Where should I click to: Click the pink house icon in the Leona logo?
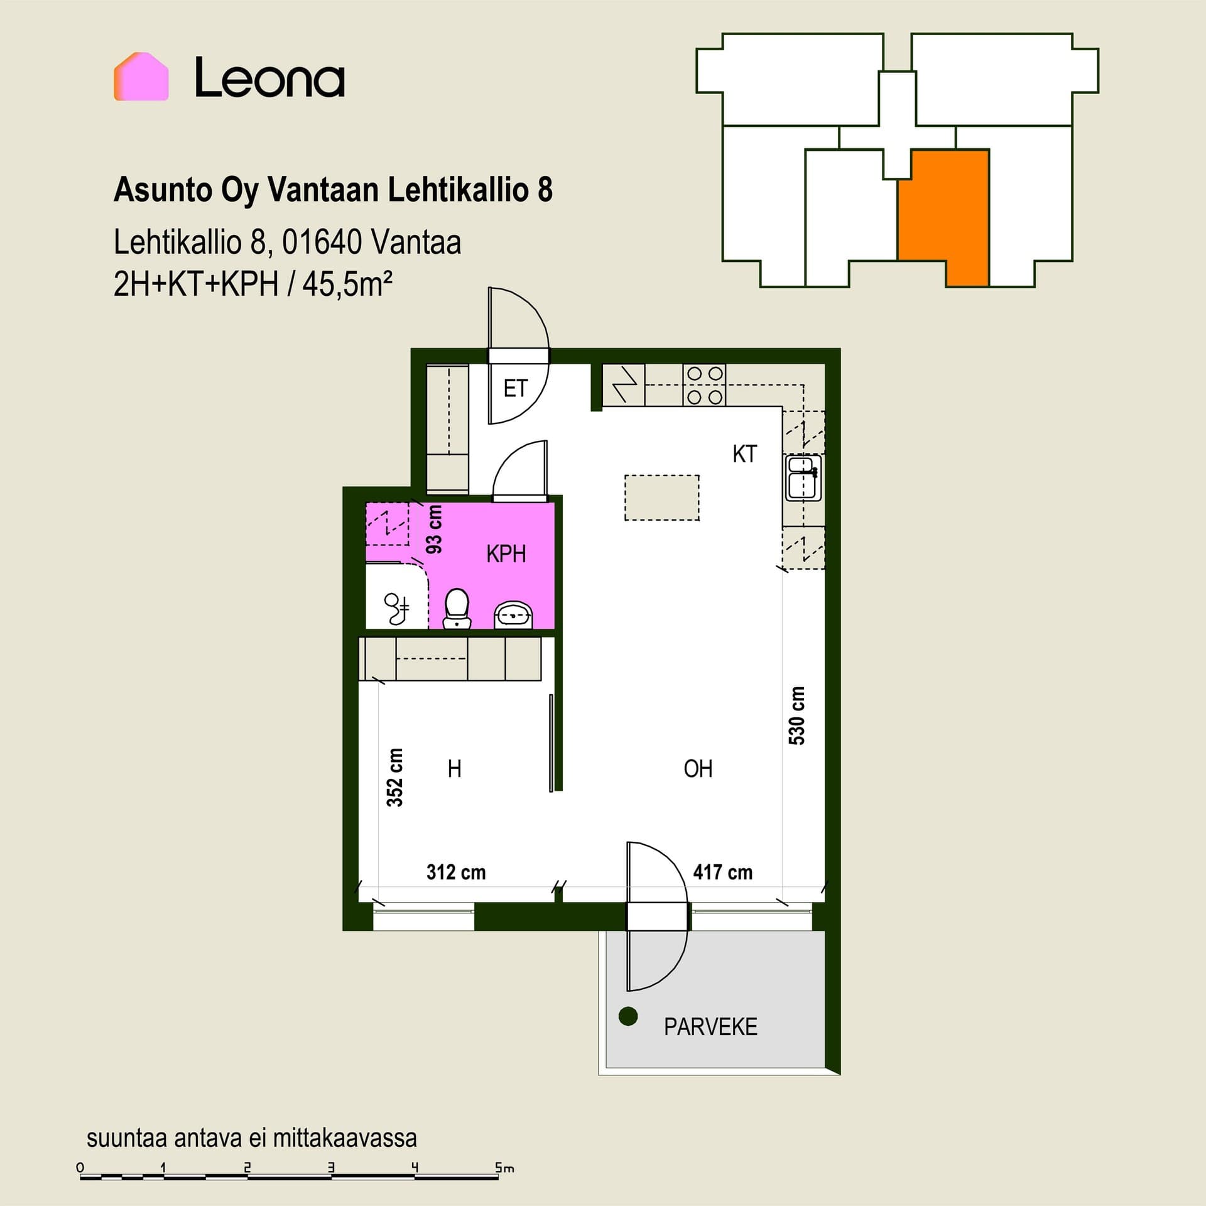tap(141, 77)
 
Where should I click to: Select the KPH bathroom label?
tap(506, 554)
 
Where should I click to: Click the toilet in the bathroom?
tap(457, 608)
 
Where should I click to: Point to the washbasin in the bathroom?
tap(514, 616)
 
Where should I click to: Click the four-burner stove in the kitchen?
tap(704, 385)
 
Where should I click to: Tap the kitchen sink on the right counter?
tap(803, 477)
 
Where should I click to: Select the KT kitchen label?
tap(745, 454)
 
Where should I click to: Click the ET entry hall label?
tap(516, 389)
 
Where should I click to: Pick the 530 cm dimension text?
tap(796, 715)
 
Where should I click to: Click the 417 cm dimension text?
tap(722, 872)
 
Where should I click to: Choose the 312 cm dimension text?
tap(456, 872)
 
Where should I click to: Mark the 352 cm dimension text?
tap(394, 777)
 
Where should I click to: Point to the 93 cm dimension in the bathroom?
tap(434, 530)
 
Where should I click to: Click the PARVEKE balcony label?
tap(710, 1026)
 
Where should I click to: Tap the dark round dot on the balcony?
tap(628, 1016)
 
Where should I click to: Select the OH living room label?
tap(698, 769)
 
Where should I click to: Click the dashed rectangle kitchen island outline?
tap(662, 497)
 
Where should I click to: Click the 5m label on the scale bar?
tap(504, 1168)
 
